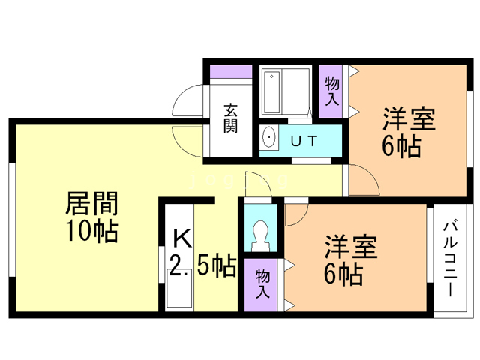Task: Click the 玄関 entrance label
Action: [229, 117]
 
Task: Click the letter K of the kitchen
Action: [182, 238]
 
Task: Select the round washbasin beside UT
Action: [268, 139]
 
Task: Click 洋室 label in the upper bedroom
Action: [409, 119]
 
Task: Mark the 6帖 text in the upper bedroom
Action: [401, 145]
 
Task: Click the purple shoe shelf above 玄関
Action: [231, 73]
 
